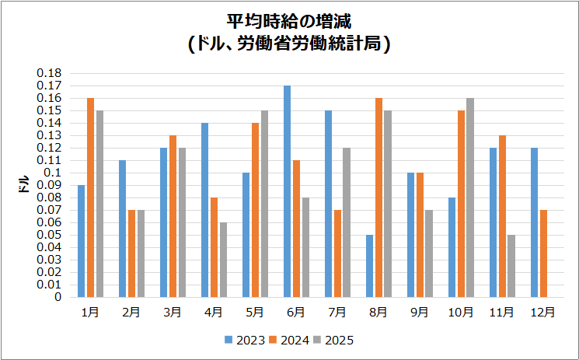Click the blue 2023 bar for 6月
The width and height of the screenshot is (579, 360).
tap(287, 191)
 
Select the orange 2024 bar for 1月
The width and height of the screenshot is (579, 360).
tap(90, 197)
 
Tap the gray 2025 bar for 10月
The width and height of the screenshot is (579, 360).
tap(470, 197)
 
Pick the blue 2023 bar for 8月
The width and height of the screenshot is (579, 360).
tap(369, 266)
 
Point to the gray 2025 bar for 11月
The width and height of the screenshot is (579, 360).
tap(511, 266)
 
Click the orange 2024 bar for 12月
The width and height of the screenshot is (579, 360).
tap(544, 253)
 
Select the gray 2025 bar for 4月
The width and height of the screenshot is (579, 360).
tap(223, 260)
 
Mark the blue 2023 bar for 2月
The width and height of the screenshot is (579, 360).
tap(122, 229)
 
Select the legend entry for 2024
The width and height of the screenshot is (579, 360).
tap(289, 340)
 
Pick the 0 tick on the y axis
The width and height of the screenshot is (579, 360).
tap(58, 297)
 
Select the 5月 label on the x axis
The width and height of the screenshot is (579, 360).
tap(255, 313)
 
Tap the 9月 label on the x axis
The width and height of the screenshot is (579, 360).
tap(420, 313)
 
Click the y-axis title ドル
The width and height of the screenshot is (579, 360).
tap(23, 185)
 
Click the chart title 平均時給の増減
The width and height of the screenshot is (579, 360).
tap(289, 20)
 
